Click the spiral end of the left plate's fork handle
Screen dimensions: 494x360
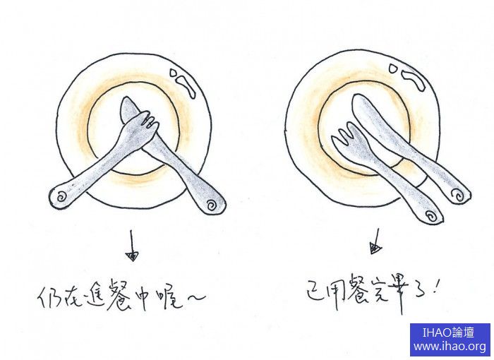coord(60,198)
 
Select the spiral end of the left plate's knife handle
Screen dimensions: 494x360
coord(212,205)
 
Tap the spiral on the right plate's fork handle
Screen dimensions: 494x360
coord(430,216)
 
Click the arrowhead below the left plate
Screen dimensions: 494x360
coord(132,256)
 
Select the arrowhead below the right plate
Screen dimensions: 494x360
coord(375,248)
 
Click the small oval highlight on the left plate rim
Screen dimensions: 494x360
coord(174,73)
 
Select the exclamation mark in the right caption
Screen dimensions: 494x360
coord(435,286)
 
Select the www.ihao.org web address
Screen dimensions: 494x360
coord(450,347)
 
